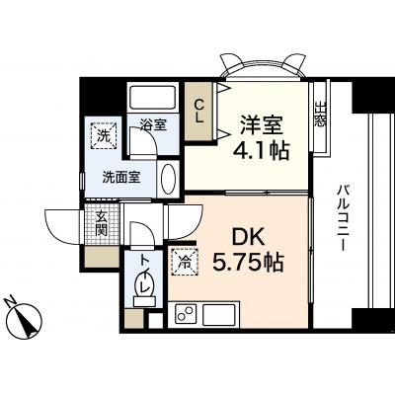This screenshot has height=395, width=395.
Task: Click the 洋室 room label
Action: (x=262, y=124)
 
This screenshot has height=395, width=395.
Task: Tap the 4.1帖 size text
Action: (x=261, y=150)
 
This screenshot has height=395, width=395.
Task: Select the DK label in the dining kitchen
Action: (x=248, y=236)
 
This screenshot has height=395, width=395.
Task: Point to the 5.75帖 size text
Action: (x=248, y=262)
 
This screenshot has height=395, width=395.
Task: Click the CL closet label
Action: (x=198, y=112)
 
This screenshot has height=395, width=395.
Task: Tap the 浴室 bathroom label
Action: (x=153, y=124)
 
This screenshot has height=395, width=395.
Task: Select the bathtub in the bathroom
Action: (x=152, y=98)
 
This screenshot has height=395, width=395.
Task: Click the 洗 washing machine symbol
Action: (x=104, y=136)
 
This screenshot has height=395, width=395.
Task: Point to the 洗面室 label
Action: (x=121, y=178)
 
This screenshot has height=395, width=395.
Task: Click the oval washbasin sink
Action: (x=169, y=180)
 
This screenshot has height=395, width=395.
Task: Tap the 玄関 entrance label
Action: (x=102, y=223)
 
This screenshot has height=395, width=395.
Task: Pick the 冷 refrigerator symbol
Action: (x=185, y=262)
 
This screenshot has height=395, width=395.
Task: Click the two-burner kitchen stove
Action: (x=185, y=314)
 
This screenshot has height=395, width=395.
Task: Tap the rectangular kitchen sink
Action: (x=219, y=314)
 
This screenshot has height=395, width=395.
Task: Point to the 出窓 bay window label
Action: (x=320, y=115)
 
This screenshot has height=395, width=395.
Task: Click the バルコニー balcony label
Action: (x=343, y=218)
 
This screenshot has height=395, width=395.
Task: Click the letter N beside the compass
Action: (x=10, y=301)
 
